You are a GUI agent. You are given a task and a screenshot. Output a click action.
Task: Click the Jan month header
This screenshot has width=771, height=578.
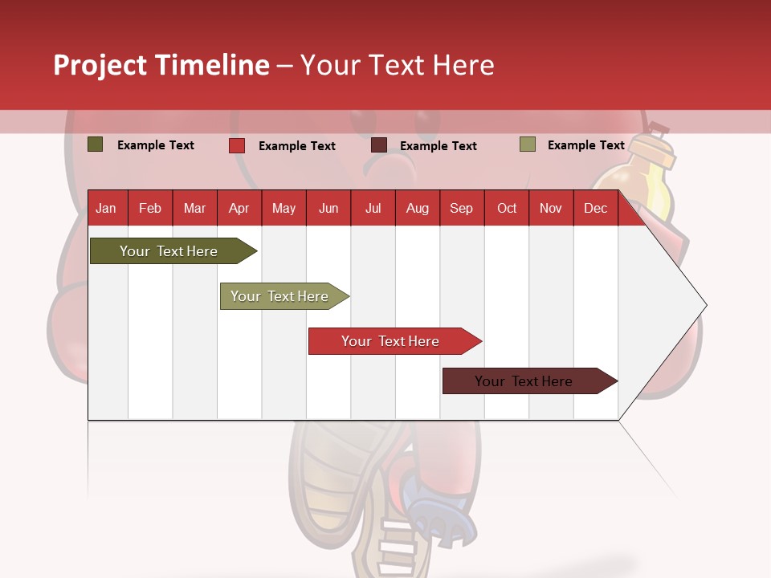pos(106,209)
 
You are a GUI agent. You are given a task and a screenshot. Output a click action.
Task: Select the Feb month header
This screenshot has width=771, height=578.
pos(150,209)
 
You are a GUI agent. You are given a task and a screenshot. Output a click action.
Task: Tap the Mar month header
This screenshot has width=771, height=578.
pos(194,209)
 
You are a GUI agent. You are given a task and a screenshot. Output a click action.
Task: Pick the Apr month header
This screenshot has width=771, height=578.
pos(239,209)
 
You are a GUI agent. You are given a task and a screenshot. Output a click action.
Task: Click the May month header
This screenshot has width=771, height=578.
pos(284,209)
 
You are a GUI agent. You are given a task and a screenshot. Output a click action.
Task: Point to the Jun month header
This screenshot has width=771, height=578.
pos(328,209)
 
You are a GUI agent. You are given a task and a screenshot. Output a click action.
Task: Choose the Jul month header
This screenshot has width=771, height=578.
pos(373,209)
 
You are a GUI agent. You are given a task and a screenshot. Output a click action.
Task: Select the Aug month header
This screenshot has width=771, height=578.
pos(417,209)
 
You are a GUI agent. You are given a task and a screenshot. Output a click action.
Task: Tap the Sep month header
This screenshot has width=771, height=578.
pos(461,209)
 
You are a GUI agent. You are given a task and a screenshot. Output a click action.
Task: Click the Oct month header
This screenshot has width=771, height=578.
pos(507,209)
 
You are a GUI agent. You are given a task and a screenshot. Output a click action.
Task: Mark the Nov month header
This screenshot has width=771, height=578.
pos(550,209)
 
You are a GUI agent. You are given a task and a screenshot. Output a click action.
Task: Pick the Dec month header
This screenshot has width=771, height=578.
pos(595,209)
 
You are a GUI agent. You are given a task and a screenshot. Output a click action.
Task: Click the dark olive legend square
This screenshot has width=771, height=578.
pos(96,144)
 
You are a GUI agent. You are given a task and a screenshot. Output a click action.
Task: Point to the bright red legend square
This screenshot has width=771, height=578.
pos(237,145)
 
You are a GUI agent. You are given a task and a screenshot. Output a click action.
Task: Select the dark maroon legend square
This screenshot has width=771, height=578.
pos(379,144)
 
